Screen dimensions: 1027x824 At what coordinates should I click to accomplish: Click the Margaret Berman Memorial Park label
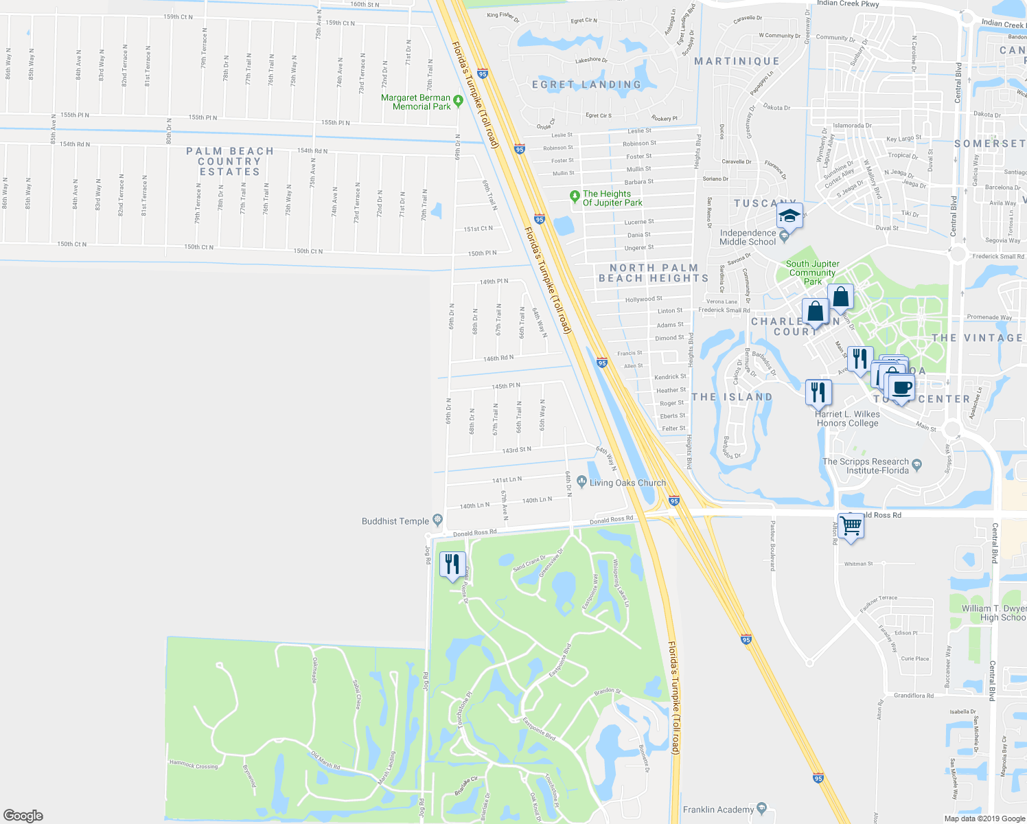[416, 102]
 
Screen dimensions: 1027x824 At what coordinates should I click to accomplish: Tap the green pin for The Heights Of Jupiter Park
[575, 197]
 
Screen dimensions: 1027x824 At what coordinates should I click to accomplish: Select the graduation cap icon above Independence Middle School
[789, 216]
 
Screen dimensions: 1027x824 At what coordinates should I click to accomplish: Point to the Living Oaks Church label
[627, 483]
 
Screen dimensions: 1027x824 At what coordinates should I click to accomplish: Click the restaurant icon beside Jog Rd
[452, 564]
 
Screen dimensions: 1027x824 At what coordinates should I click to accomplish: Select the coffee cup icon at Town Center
[901, 387]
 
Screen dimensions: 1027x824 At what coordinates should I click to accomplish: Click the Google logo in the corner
[23, 815]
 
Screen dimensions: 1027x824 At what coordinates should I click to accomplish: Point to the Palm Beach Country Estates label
[229, 161]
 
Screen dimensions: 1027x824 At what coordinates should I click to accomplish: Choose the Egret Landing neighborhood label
[586, 84]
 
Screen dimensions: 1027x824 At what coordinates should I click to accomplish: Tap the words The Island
[732, 397]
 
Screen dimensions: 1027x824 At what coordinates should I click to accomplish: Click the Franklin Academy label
[718, 810]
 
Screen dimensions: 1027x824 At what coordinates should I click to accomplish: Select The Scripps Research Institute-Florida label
[866, 466]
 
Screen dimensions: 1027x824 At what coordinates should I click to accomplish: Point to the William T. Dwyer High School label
[993, 613]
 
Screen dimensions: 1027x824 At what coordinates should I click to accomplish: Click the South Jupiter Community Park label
[813, 273]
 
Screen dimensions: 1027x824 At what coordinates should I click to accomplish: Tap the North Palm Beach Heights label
[654, 273]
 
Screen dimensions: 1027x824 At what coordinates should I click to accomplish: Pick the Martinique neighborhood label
[737, 61]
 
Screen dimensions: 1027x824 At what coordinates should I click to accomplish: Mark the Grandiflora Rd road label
[913, 696]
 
